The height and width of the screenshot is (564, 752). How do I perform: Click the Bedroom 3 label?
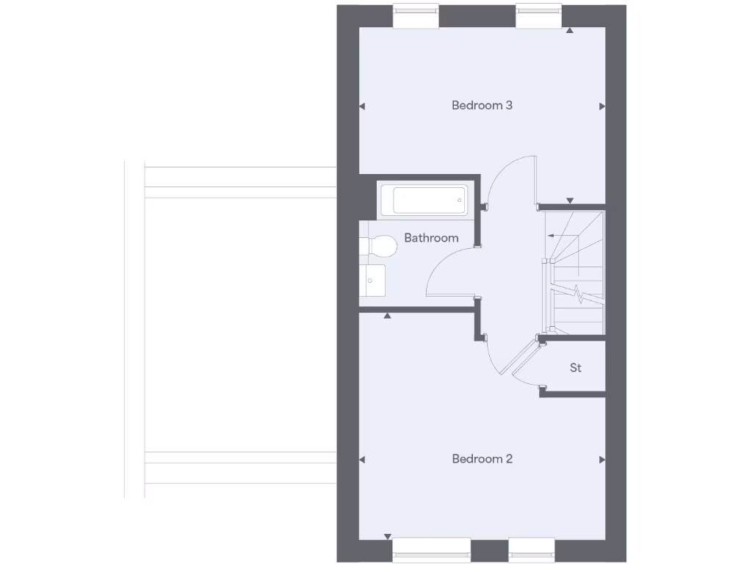(x=482, y=105)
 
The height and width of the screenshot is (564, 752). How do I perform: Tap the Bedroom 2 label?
(x=482, y=459)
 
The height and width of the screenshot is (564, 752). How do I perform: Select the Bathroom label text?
(x=431, y=238)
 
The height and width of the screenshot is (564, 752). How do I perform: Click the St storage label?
(x=576, y=368)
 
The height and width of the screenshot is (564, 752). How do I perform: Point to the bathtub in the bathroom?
(x=424, y=200)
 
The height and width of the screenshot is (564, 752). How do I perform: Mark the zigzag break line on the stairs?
(x=581, y=294)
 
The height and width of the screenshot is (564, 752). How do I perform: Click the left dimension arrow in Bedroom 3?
(x=362, y=106)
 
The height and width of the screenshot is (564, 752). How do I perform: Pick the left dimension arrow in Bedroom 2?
(x=362, y=460)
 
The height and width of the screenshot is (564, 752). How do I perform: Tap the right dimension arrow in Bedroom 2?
(x=601, y=460)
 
